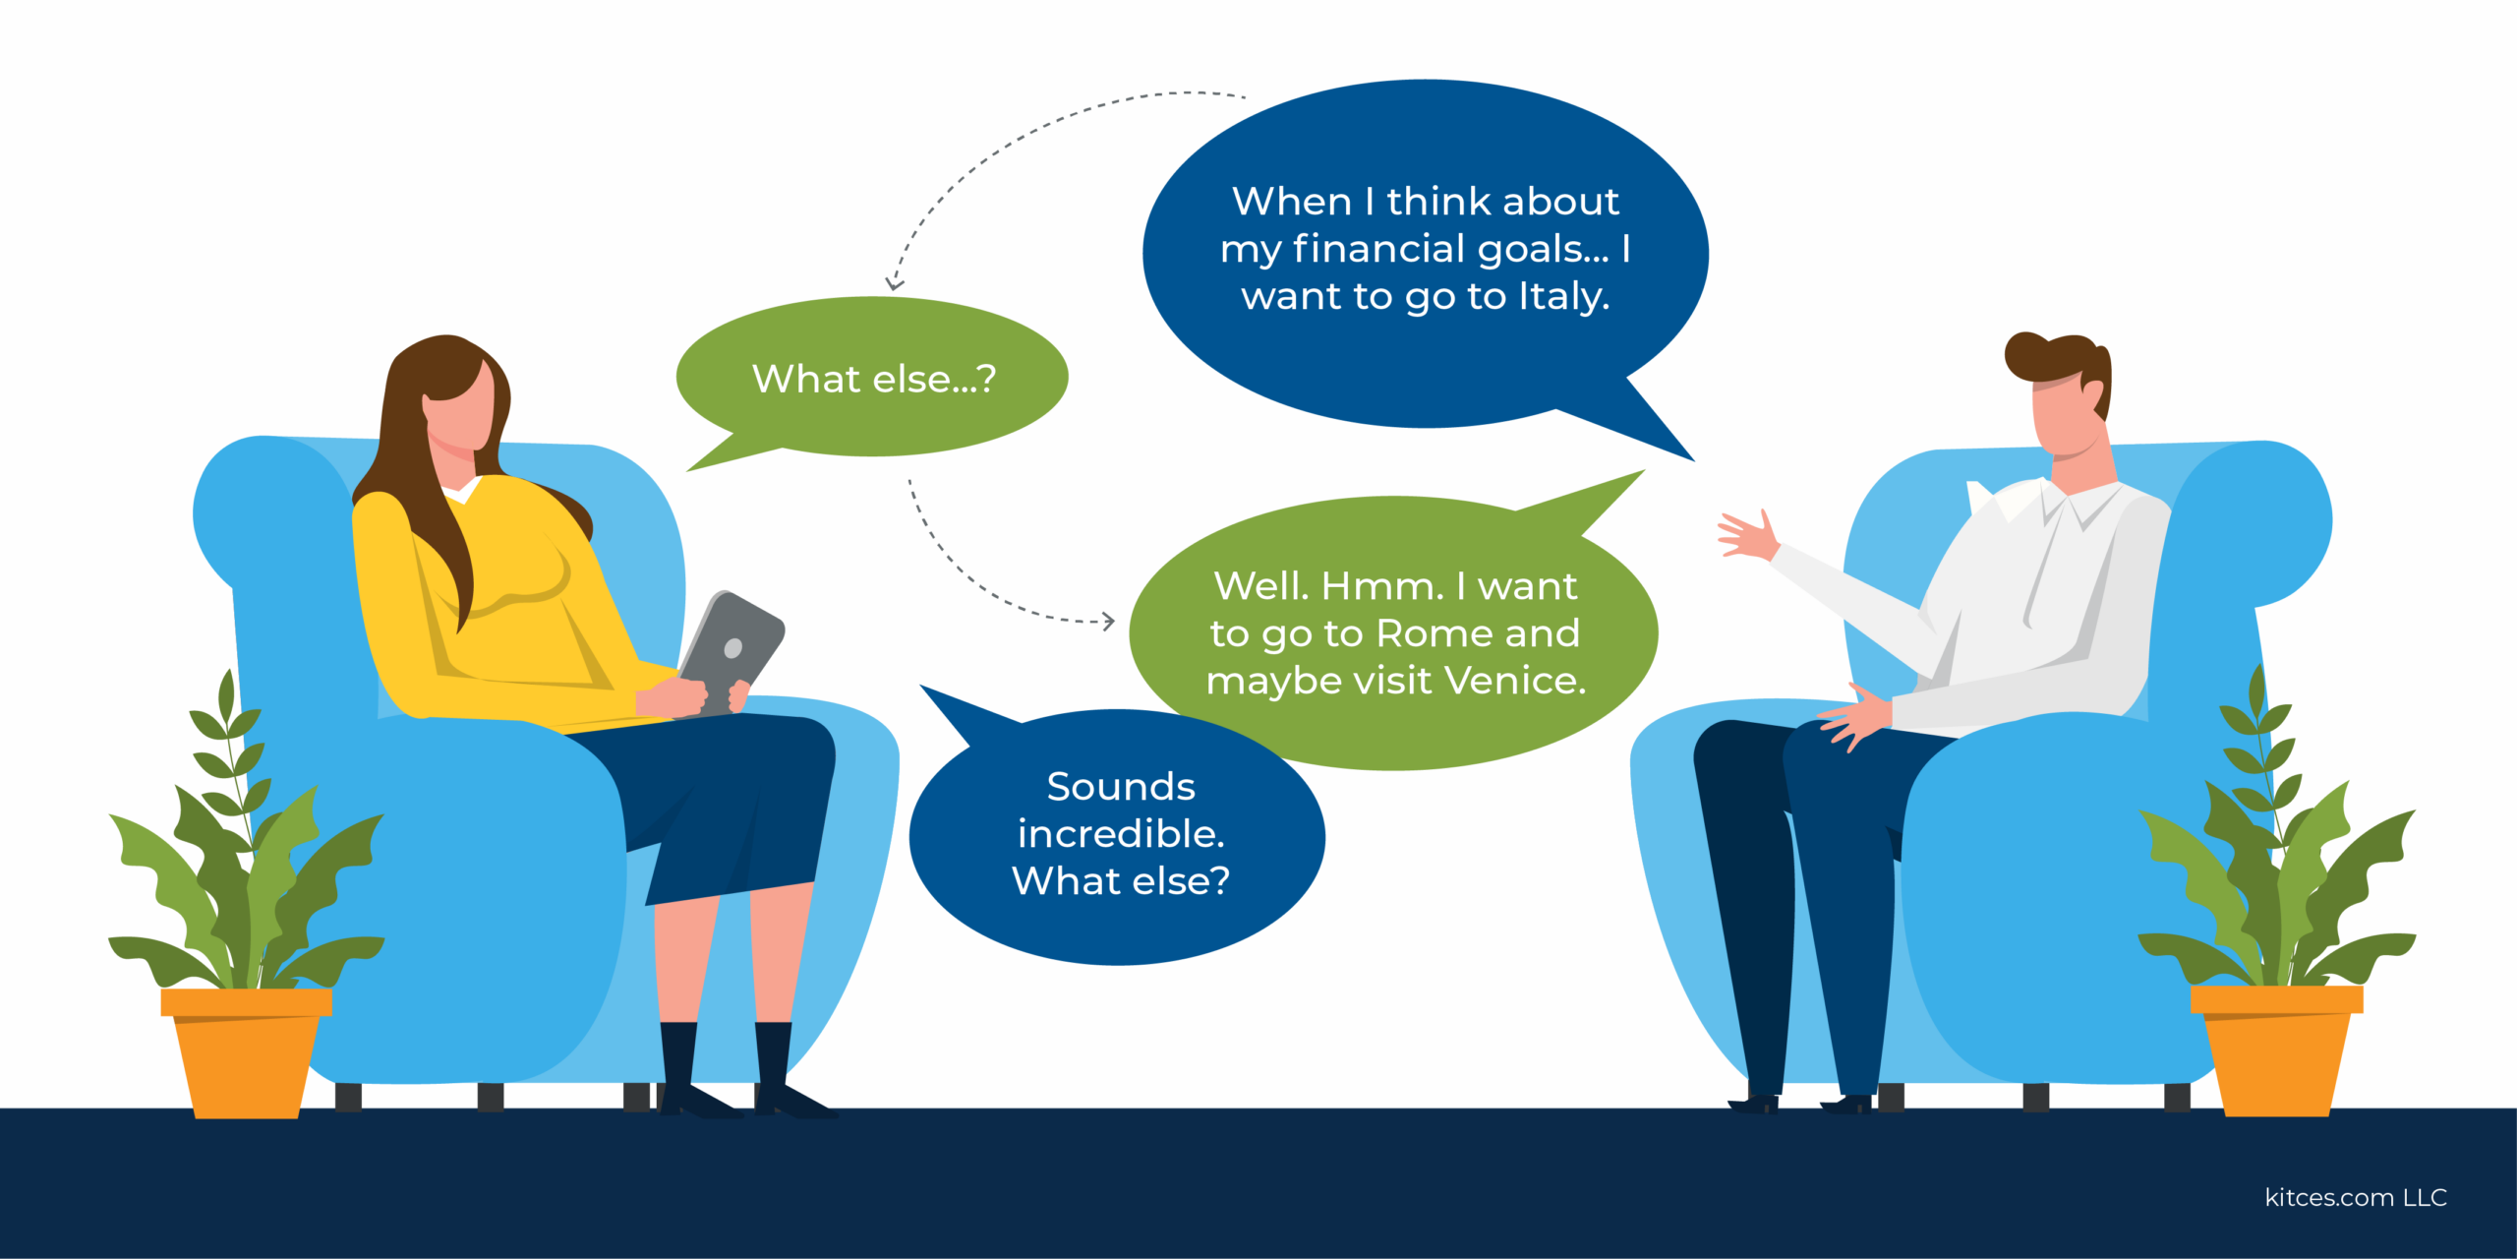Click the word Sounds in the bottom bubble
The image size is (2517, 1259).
pos(1121,787)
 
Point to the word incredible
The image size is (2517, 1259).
pos(1121,833)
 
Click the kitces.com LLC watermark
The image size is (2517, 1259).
pos(2356,1197)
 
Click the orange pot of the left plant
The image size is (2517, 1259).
pos(246,1052)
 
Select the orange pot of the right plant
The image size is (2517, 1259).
pos(2276,1050)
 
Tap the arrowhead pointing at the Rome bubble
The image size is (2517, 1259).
pos(1109,621)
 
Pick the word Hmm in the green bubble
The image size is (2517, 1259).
pos(1382,586)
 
